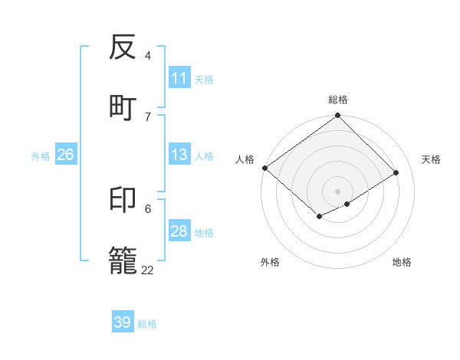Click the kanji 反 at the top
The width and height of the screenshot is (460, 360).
tap(123, 47)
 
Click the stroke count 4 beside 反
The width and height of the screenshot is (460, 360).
tap(148, 55)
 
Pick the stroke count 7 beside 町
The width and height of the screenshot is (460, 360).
tap(148, 116)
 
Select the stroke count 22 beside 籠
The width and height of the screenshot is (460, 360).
tap(147, 270)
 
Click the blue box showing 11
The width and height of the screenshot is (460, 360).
tap(179, 78)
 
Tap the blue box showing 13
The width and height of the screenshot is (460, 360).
tap(179, 155)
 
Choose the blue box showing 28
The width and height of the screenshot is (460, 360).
tap(179, 231)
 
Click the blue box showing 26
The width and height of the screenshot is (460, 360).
tap(65, 155)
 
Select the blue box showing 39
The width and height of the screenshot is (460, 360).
tap(123, 322)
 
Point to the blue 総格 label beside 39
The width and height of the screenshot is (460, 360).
tap(148, 324)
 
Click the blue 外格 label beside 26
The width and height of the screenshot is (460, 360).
tap(41, 156)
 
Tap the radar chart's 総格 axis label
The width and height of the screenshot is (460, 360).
tap(338, 100)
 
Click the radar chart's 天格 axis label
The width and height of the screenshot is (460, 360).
tap(431, 159)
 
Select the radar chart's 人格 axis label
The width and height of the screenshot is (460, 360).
tap(245, 159)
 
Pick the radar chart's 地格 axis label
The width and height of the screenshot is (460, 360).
tap(402, 262)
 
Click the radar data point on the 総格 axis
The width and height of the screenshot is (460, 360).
tap(338, 116)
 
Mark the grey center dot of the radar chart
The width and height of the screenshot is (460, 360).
tap(337, 191)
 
